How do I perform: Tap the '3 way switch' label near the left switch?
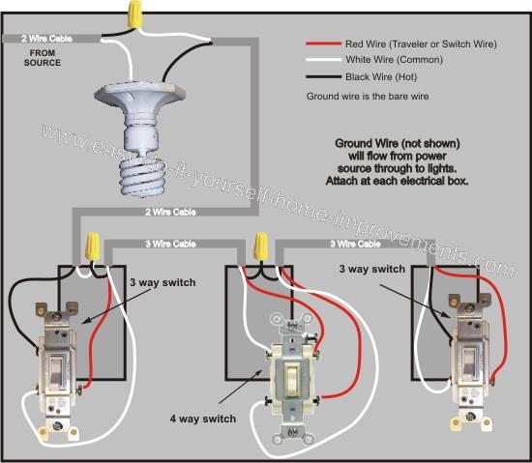(163, 282)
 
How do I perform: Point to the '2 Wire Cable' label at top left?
(38, 39)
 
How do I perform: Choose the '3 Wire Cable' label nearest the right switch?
(356, 244)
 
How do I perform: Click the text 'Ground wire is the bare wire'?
(369, 98)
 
